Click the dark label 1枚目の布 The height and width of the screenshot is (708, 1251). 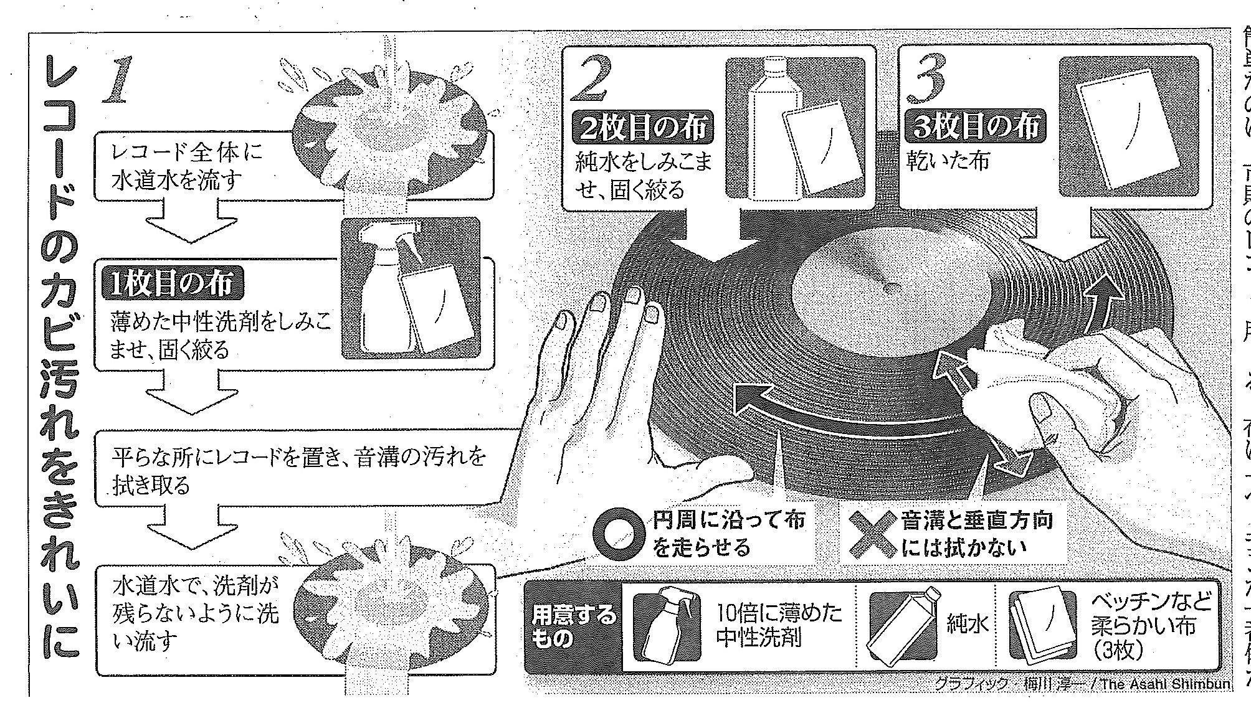pyautogui.click(x=173, y=284)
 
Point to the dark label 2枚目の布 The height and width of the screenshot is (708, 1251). pyautogui.click(x=644, y=128)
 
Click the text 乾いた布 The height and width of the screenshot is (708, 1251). pyautogui.click(x=949, y=161)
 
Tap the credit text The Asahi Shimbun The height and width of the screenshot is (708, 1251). pyautogui.click(x=1165, y=701)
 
